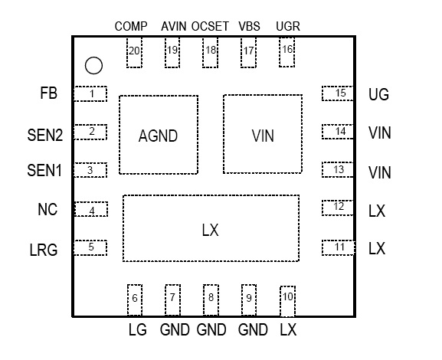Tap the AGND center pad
pyautogui.click(x=159, y=135)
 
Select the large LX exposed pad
pyautogui.click(x=211, y=228)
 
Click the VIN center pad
pyautogui.click(x=263, y=134)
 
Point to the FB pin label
pyautogui.click(x=49, y=93)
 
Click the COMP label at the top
pyautogui.click(x=131, y=27)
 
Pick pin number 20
pyautogui.click(x=134, y=51)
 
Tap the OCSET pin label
pyautogui.click(x=210, y=27)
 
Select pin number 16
pyautogui.click(x=287, y=49)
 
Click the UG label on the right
pyautogui.click(x=379, y=94)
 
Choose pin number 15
pyautogui.click(x=341, y=93)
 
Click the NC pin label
pyautogui.click(x=47, y=209)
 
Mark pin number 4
pyautogui.click(x=92, y=211)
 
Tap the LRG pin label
pyautogui.click(x=44, y=250)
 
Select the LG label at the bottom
pyautogui.click(x=138, y=329)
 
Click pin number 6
pyautogui.click(x=135, y=298)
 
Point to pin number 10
pyautogui.click(x=288, y=296)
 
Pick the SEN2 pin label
pyautogui.click(x=45, y=135)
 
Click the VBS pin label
pyautogui.click(x=249, y=27)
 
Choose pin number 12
pyautogui.click(x=339, y=207)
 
